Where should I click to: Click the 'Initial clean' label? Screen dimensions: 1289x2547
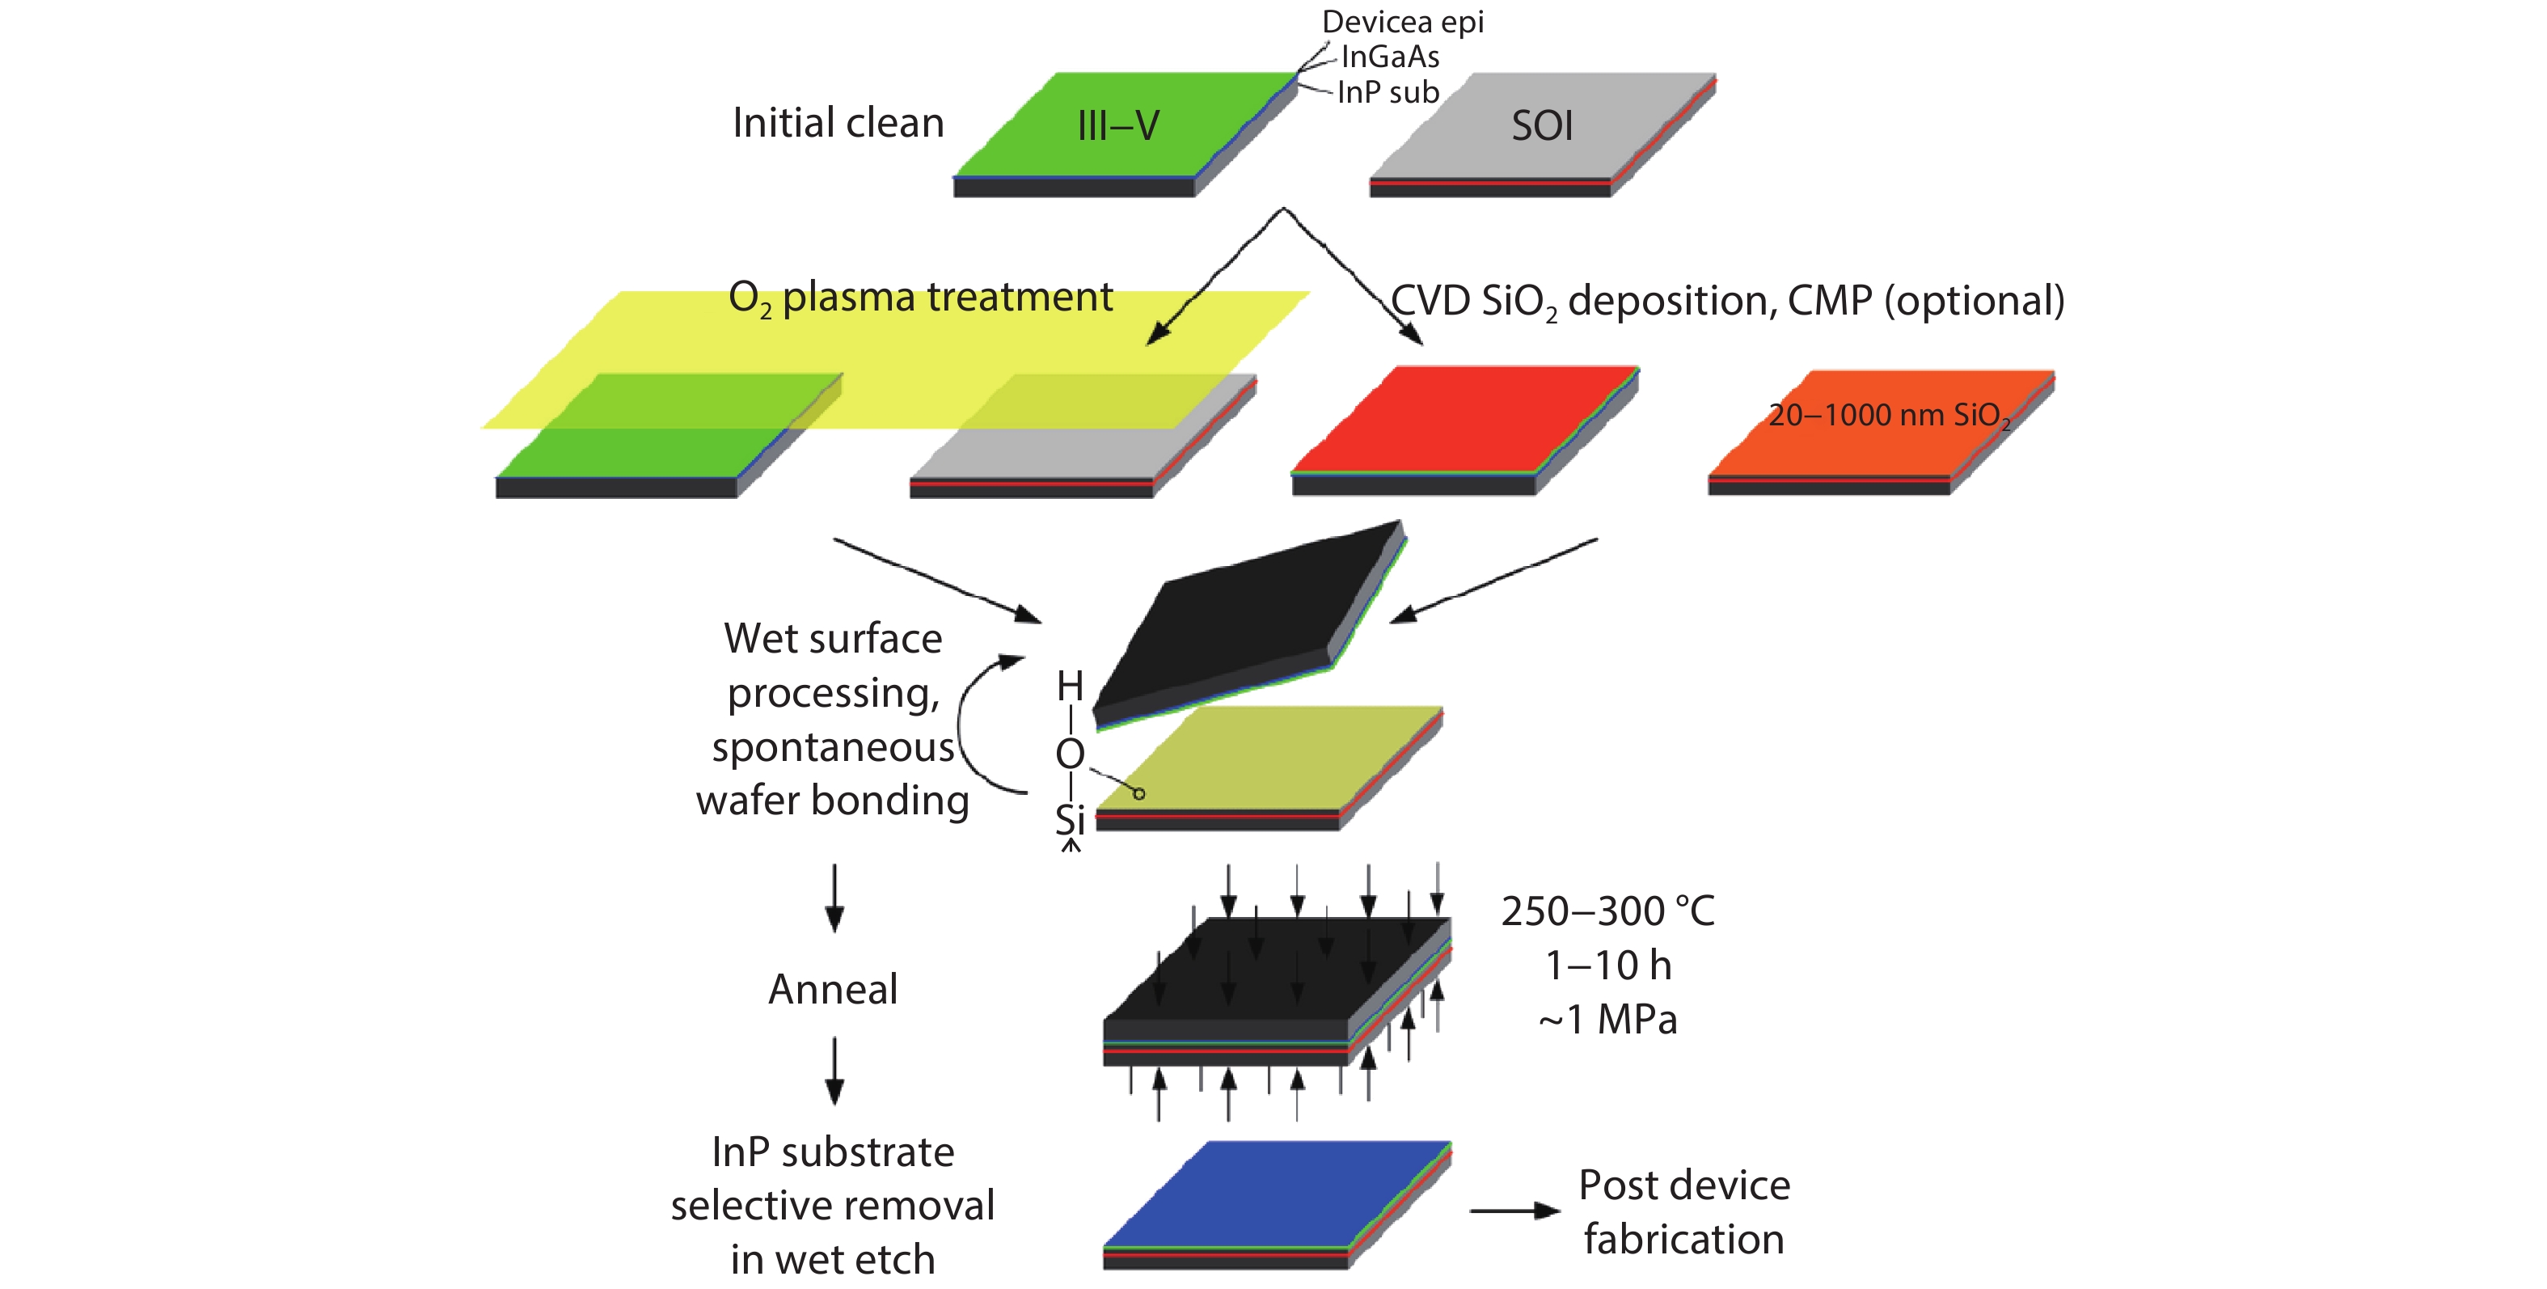838,124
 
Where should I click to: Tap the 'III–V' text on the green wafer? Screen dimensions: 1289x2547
1117,125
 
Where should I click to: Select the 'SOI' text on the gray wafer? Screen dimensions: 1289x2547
1541,125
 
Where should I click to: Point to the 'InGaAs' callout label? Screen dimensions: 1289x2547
1389,57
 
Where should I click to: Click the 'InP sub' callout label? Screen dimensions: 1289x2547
1388,92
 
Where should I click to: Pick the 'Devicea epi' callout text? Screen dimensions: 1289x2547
1402,21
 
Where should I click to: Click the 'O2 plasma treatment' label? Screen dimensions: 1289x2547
919,298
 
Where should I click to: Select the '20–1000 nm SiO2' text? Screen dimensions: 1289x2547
1889,415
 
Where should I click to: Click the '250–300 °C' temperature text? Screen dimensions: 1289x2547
1607,911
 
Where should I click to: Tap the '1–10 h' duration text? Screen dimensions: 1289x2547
1607,966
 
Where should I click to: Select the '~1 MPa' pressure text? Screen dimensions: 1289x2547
1607,1019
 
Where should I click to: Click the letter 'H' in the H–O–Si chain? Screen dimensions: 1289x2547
1070,685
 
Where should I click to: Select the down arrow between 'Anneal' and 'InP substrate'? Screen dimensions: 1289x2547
834,1071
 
